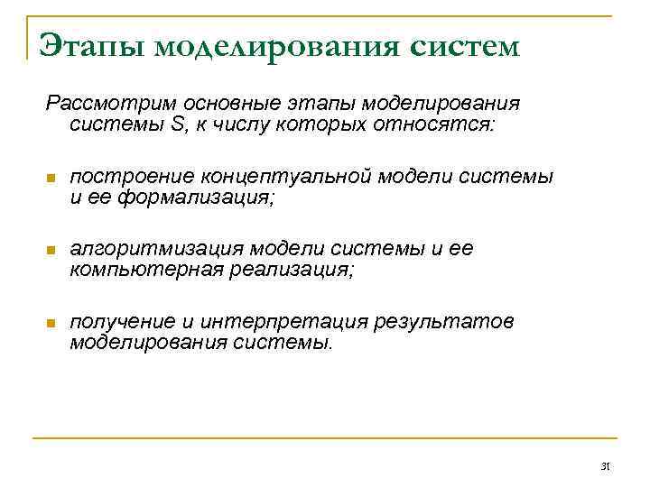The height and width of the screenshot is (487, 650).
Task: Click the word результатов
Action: [458, 322]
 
